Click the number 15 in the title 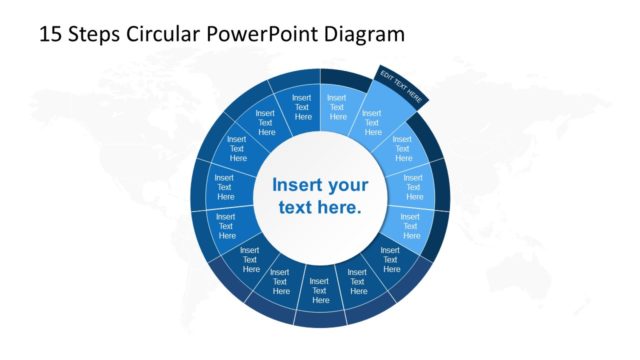point(50,34)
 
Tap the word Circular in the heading point(160,34)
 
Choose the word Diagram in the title point(364,34)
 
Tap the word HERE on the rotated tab point(415,98)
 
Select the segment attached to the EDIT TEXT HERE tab point(372,122)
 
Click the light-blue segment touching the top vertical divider point(337,106)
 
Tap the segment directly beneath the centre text point(320,290)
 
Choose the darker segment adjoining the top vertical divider point(303,106)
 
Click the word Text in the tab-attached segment point(372,124)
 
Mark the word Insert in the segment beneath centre point(320,281)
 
